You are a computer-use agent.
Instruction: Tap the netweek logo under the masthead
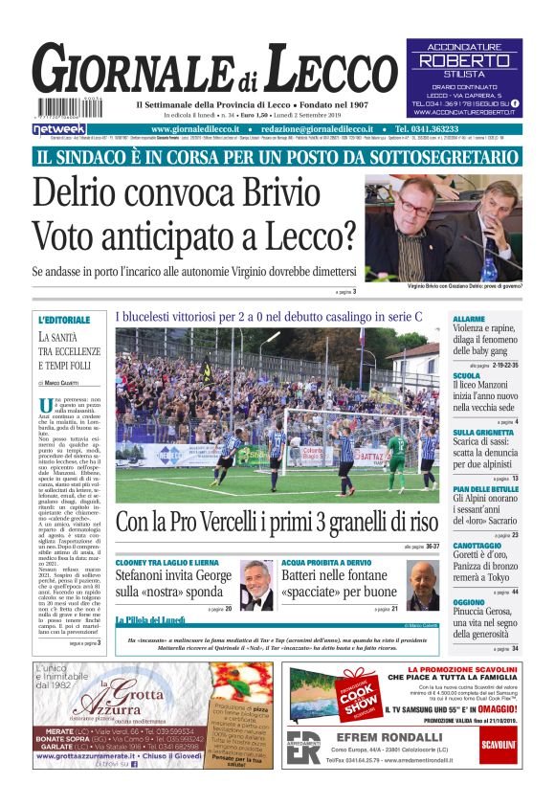click(58, 128)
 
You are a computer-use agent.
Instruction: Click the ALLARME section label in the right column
click(469, 319)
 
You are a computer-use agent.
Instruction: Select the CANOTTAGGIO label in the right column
click(481, 546)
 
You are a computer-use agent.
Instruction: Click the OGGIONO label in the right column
click(470, 602)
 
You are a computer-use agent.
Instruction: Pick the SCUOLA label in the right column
click(467, 376)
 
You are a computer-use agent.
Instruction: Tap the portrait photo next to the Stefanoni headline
click(255, 585)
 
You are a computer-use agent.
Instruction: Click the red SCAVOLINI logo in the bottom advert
click(499, 744)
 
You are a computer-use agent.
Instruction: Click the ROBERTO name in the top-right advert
click(464, 60)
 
